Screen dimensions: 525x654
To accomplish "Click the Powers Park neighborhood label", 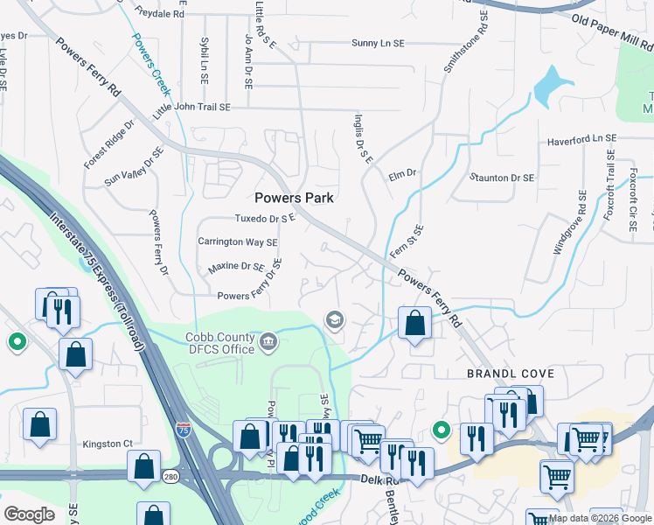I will pyautogui.click(x=295, y=198).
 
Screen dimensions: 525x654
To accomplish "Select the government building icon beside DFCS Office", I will pyautogui.click(x=268, y=340).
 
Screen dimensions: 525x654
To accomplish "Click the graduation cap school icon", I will pyautogui.click(x=333, y=320).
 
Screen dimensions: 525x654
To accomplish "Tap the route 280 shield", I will pyautogui.click(x=170, y=476).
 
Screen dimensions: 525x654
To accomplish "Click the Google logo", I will pyautogui.click(x=30, y=514).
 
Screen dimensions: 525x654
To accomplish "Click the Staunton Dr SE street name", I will pyautogui.click(x=501, y=178).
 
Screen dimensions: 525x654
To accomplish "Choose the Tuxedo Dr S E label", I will pyautogui.click(x=266, y=218).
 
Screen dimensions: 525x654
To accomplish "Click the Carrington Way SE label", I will pyautogui.click(x=237, y=242).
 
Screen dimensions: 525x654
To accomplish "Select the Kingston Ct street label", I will pyautogui.click(x=108, y=444).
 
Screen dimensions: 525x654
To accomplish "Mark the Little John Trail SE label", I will pyautogui.click(x=191, y=107).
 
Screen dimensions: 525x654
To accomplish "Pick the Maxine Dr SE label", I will pyautogui.click(x=235, y=266).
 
